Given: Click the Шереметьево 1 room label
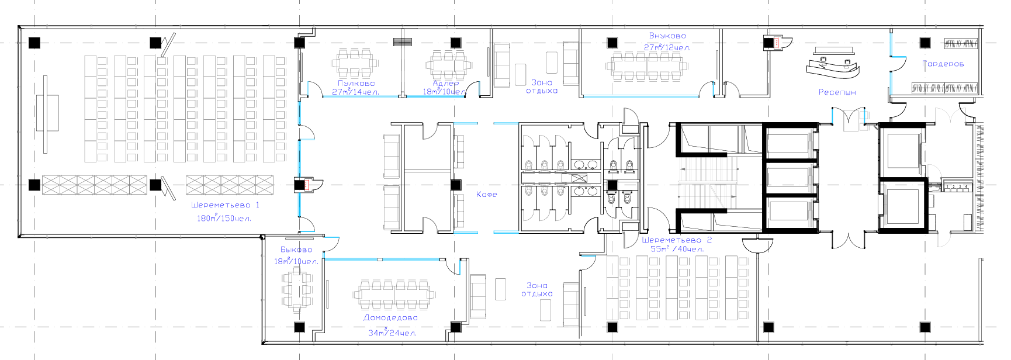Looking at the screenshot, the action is (225, 205).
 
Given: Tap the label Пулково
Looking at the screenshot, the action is (356, 83).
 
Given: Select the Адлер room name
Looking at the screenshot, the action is (445, 83).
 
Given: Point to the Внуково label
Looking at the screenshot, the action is (667, 36).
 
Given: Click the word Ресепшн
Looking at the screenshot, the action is (837, 92).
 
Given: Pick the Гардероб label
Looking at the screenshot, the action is (943, 64).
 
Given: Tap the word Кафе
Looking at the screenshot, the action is (486, 194).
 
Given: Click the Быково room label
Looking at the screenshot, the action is (296, 250).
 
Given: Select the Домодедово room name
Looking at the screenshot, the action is (390, 318).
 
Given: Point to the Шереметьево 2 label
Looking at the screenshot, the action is (677, 240).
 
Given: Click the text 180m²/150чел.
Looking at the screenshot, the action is (224, 218).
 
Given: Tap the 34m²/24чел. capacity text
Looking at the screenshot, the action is (392, 333).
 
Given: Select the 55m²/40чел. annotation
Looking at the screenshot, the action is (677, 249).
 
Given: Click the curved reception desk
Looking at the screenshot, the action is (832, 65).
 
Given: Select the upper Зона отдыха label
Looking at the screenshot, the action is (541, 86).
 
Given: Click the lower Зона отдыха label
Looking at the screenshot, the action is (537, 289).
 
